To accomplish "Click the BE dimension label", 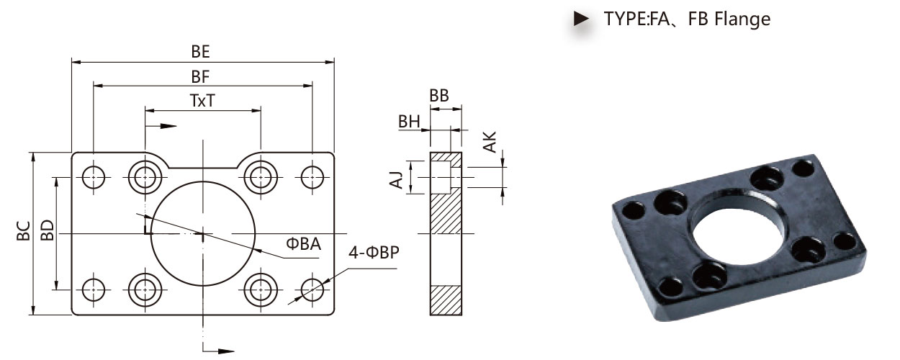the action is (200, 52).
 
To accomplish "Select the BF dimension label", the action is (200, 77).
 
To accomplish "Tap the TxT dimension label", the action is (202, 101).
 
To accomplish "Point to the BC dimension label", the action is (23, 230).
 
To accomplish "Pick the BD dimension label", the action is (48, 230).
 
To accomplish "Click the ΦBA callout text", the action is (303, 244).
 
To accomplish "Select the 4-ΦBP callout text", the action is (374, 252).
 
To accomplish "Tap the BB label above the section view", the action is (439, 96).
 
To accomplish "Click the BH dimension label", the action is (409, 122).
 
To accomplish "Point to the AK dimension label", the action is (490, 142).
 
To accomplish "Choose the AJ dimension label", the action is (396, 179).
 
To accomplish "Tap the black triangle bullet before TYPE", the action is (581, 19).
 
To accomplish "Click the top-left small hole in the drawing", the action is (93, 177).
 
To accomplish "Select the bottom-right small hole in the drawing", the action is (312, 289).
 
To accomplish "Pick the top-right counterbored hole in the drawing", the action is (261, 177).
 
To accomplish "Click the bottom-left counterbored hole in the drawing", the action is (145, 289).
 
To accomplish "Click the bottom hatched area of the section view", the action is (446, 300).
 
